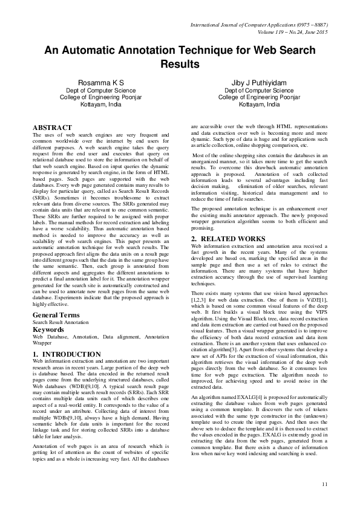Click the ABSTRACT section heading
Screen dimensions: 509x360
pyautogui.click(x=53, y=128)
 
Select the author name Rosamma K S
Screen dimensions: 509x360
pyautogui.click(x=103, y=81)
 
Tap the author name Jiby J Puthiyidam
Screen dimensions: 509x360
pyautogui.click(x=259, y=81)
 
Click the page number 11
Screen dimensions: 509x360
pyautogui.click(x=325, y=482)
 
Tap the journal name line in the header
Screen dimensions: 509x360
pyautogui.click(x=259, y=24)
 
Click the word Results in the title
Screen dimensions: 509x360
pyautogui.click(x=180, y=63)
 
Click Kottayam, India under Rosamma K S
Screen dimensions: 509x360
pyautogui.click(x=103, y=103)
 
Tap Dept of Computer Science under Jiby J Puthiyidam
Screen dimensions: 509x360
pyautogui.click(x=259, y=89)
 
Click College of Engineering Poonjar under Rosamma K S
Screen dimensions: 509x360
pyautogui.click(x=103, y=96)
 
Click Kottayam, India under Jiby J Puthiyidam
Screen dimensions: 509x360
pyautogui.click(x=259, y=103)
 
